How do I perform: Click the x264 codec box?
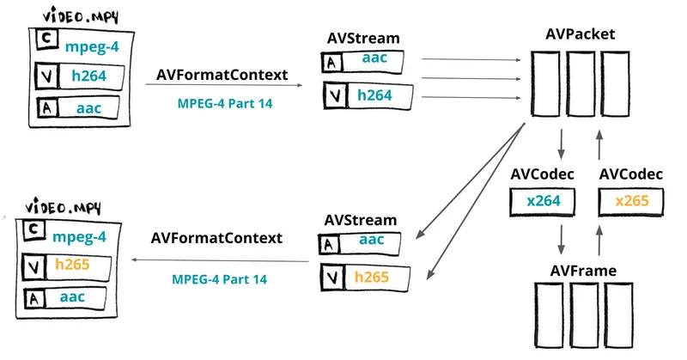(x=543, y=202)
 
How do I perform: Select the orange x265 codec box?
(x=631, y=201)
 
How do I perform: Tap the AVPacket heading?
(x=581, y=34)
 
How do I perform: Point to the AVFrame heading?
(x=583, y=271)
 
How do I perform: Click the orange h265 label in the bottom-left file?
(x=72, y=265)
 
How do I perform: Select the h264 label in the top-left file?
(x=89, y=76)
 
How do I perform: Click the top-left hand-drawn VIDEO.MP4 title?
(x=81, y=16)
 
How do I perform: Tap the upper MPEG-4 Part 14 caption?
(x=225, y=104)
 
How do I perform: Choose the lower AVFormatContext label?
(x=216, y=238)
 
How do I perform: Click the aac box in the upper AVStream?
(x=362, y=62)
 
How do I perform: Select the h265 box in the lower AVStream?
(x=365, y=278)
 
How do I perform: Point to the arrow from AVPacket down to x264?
(x=561, y=143)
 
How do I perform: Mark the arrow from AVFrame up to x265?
(x=599, y=240)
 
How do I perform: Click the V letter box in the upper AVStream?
(x=336, y=96)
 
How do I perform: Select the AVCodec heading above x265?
(x=631, y=174)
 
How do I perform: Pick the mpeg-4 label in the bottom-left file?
(x=79, y=237)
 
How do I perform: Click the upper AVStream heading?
(x=363, y=38)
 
